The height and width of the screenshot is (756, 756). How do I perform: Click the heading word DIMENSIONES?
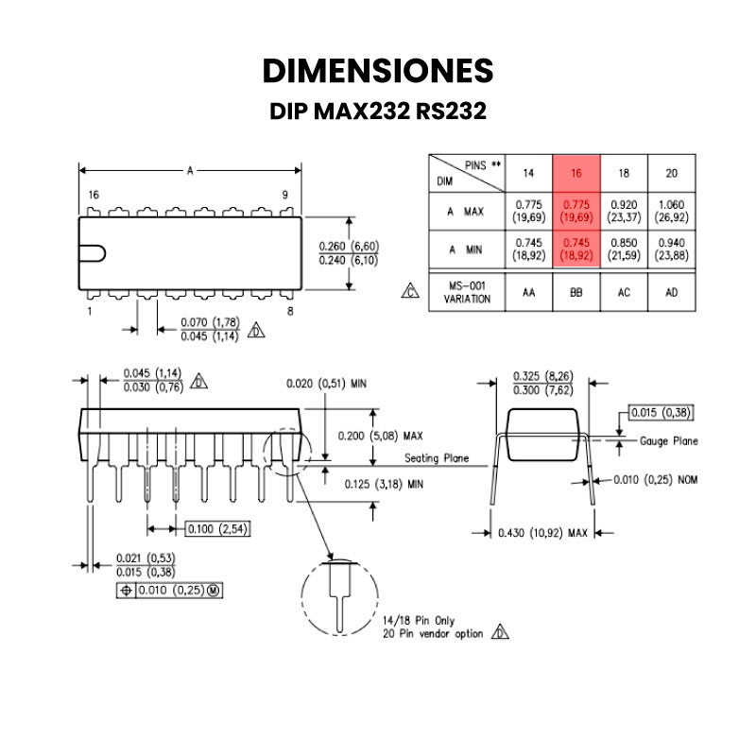(x=378, y=71)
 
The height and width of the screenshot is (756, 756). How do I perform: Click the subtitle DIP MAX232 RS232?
(x=378, y=112)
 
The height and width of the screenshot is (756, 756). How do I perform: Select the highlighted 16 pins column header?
(x=576, y=173)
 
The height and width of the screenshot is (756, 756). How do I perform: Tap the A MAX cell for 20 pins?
(x=671, y=210)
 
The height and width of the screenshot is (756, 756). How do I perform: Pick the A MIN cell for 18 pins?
(x=624, y=249)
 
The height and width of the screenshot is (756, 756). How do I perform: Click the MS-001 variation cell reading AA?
(x=529, y=292)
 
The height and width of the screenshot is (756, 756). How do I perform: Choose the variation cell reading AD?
(x=671, y=292)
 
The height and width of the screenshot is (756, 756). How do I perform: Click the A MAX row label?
(x=466, y=211)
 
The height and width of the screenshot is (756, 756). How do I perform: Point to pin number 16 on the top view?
(x=93, y=195)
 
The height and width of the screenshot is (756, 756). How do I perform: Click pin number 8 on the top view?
(x=290, y=310)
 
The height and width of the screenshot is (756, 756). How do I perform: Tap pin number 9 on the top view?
(x=284, y=195)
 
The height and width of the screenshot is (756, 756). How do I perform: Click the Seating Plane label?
(x=437, y=458)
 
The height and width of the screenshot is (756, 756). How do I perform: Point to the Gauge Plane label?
(x=669, y=441)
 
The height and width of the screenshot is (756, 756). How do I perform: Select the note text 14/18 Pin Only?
(x=419, y=620)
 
